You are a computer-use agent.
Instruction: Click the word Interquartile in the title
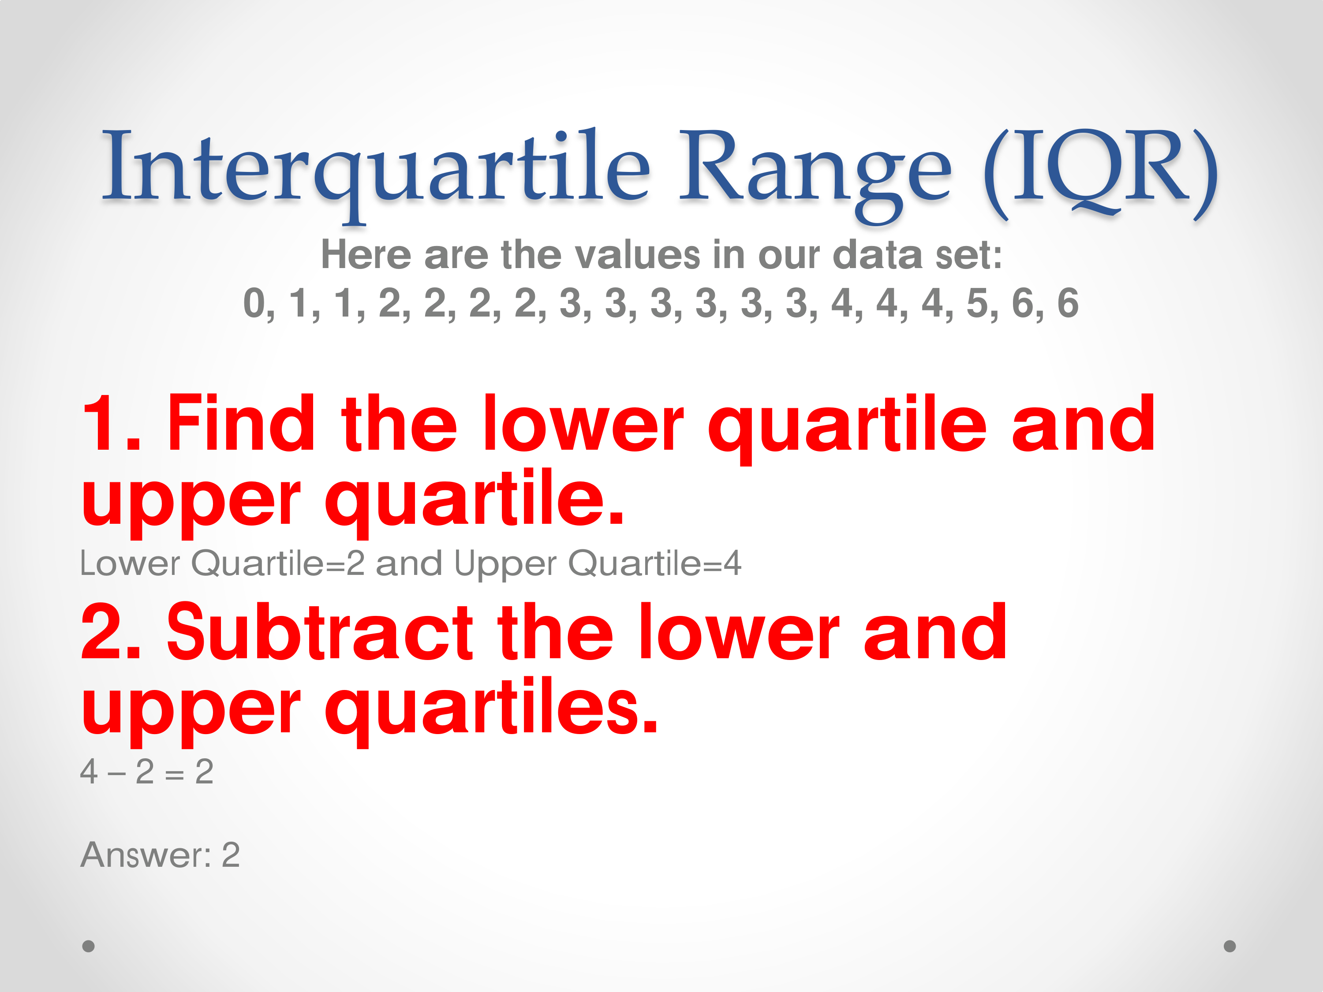376,173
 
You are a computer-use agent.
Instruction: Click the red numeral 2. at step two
111,632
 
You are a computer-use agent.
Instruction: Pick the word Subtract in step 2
320,632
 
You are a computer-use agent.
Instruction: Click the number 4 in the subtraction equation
89,772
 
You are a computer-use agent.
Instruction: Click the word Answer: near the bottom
146,854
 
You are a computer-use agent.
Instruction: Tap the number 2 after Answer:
231,855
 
